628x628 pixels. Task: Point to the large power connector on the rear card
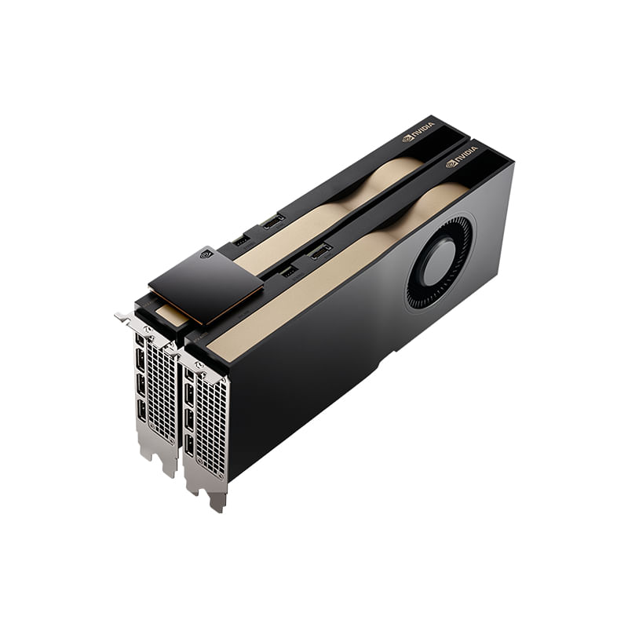tap(274, 221)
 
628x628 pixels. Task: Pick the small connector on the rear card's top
tap(242, 239)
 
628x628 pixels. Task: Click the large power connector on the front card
tap(319, 252)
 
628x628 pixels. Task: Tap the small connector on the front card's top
tap(288, 271)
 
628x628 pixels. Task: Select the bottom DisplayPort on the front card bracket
tap(189, 446)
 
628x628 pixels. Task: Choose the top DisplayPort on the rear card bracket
tap(141, 358)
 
